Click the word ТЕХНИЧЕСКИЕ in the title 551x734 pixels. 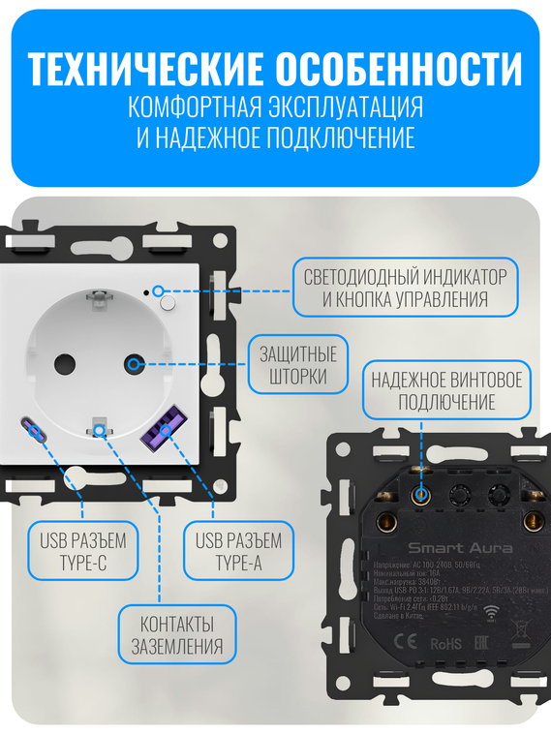[x=145, y=70]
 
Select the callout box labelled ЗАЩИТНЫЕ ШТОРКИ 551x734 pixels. [x=298, y=364]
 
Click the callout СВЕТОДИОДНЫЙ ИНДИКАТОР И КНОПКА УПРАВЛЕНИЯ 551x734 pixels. [x=403, y=288]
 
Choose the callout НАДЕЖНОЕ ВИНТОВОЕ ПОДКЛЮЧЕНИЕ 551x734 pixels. [x=446, y=391]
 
